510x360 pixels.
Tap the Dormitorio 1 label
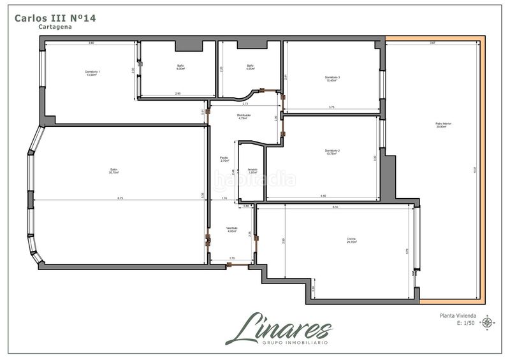pos(92,73)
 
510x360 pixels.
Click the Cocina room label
pos(351,240)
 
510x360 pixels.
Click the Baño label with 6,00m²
pos(180,68)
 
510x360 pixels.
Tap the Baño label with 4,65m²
pos(251,68)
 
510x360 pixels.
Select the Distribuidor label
pos(243,117)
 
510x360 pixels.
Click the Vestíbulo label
pos(232,229)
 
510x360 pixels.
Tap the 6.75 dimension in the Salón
pos(119,199)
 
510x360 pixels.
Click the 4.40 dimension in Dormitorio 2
pos(323,196)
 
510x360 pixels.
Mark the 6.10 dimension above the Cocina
pos(335,206)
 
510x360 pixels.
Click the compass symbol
pos(488,323)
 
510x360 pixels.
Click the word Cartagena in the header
pos(54,27)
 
